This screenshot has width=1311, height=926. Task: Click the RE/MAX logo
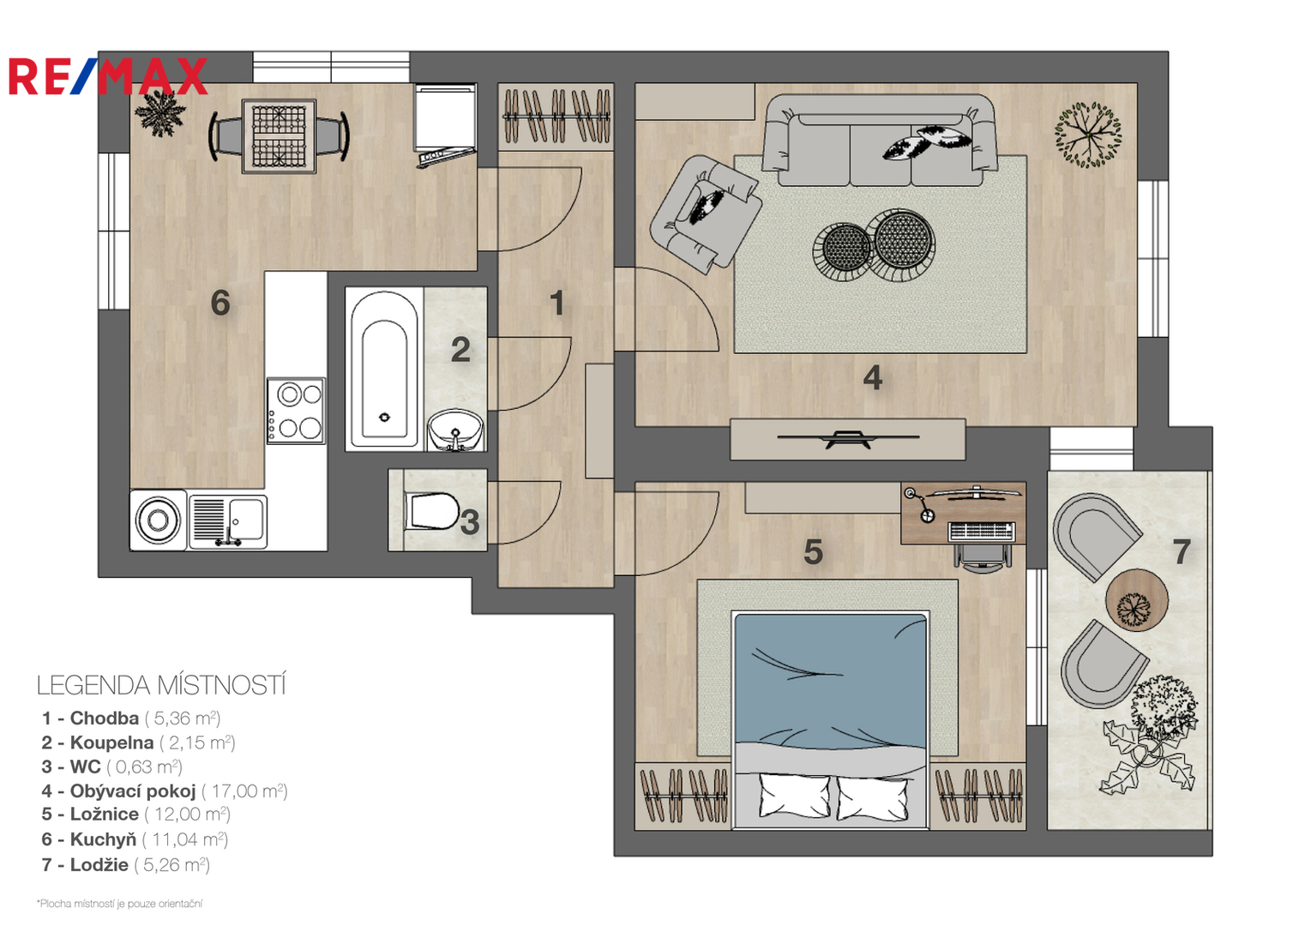pos(108,76)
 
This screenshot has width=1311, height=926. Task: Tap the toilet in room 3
pos(431,511)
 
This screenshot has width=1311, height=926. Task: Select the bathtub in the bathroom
pos(384,370)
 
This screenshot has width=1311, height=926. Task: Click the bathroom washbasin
pos(455,430)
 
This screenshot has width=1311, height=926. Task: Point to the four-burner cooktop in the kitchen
pos(296,411)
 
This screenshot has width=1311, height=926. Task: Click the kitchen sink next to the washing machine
pos(228,521)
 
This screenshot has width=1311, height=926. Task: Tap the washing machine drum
pos(158,520)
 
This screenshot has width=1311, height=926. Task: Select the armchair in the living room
pos(706,213)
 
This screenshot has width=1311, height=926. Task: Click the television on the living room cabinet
pos(848,438)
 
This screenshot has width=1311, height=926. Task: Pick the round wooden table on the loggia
pos(1137,599)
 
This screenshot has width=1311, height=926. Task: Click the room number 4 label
pos(873,377)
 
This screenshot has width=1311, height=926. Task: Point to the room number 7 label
pos(1181,551)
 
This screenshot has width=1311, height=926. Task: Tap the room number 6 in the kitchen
pos(220,303)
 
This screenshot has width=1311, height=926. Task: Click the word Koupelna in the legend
pos(111,743)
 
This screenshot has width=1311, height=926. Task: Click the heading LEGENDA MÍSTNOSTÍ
pos(161,685)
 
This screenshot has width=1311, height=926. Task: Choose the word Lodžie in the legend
pos(99,864)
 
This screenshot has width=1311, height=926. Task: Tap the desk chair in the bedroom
pos(983,555)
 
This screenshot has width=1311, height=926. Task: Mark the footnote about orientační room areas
pos(120,904)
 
